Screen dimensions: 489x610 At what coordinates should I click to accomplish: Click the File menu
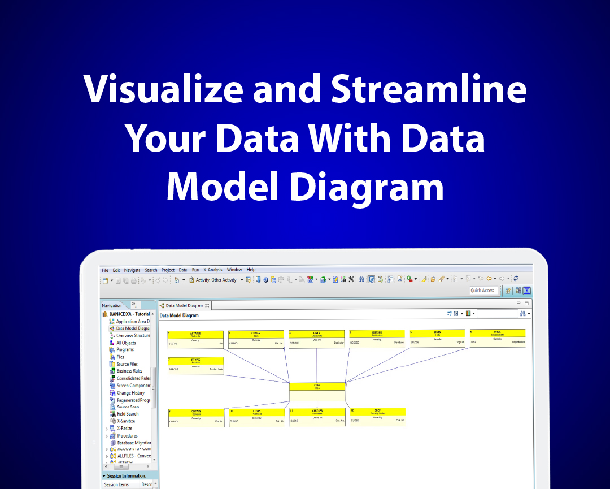click(105, 270)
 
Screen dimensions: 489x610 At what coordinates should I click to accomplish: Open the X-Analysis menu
click(213, 270)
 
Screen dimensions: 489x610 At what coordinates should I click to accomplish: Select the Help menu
click(251, 270)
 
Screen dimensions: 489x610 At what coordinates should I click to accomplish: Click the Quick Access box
click(482, 291)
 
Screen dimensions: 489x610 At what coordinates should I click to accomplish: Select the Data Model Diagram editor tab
click(184, 305)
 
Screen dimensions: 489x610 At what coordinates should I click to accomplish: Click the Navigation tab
click(112, 305)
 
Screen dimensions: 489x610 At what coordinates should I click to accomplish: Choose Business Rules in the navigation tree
click(129, 371)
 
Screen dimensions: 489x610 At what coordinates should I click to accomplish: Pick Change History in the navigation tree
click(130, 393)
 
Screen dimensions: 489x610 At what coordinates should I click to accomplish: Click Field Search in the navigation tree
click(128, 414)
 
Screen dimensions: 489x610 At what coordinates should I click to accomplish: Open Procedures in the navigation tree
click(127, 436)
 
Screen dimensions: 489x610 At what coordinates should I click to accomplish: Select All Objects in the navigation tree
click(126, 343)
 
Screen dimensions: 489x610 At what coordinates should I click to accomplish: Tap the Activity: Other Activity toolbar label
click(216, 280)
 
